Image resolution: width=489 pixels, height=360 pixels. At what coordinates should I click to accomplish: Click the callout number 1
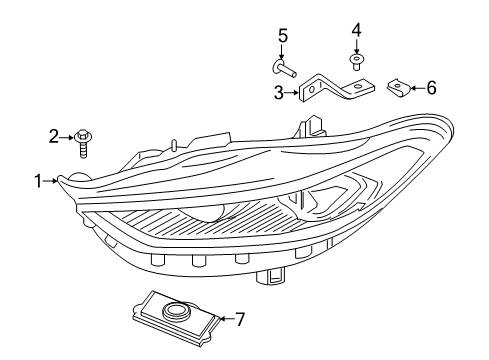tap(37, 181)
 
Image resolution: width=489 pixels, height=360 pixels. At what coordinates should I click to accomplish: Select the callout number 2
tap(56, 136)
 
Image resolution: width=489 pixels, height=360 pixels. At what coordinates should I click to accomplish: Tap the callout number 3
tap(278, 93)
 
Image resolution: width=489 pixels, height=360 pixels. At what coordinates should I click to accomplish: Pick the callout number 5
tap(283, 37)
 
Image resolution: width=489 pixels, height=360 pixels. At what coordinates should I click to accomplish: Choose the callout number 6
tap(431, 88)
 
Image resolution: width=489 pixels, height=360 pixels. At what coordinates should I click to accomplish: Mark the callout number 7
tap(239, 319)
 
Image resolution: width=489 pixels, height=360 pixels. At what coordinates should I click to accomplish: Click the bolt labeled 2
tap(84, 141)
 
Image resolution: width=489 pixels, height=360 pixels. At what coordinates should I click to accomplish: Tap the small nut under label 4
tap(356, 61)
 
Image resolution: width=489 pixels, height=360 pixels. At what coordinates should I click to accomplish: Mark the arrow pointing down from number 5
tap(283, 52)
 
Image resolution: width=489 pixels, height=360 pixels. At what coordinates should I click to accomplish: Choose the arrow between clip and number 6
tap(416, 88)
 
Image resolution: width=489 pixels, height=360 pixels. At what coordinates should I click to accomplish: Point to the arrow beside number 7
tap(225, 319)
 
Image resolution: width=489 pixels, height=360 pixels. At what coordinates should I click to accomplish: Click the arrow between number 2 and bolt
tap(68, 136)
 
